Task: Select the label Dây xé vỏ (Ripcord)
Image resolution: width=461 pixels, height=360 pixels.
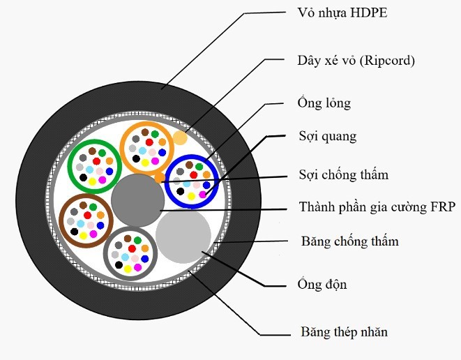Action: [x=356, y=61]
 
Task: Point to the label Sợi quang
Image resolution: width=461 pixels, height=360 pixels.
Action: [x=327, y=137]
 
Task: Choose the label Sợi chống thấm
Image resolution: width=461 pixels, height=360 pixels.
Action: [x=342, y=174]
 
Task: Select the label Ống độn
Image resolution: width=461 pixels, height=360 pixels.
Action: [x=322, y=285]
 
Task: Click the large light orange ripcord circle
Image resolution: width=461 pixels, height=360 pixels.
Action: [x=180, y=137]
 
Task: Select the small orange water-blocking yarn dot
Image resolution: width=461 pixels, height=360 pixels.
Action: [x=160, y=177]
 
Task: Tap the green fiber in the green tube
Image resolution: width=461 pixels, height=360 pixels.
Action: [x=102, y=152]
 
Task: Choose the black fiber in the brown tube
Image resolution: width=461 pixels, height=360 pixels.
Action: [x=74, y=231]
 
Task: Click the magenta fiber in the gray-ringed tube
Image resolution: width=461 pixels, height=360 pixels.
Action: [x=138, y=266]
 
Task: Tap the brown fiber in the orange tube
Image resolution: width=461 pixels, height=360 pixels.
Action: [x=144, y=131]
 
